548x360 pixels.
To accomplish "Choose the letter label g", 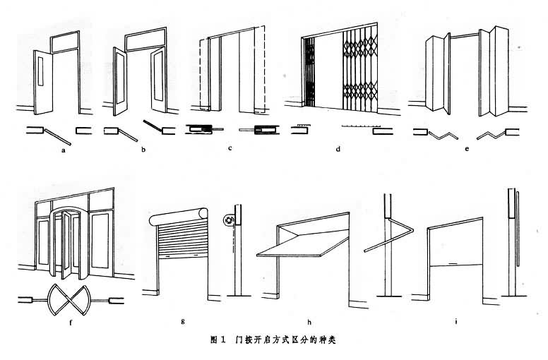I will pos(182,320).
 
